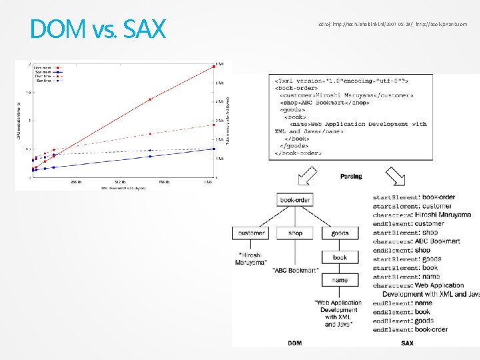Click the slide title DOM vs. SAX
(x=97, y=28)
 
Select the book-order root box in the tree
(x=296, y=199)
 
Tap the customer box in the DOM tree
(x=251, y=233)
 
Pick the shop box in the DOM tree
(x=295, y=233)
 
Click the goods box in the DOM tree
(x=339, y=233)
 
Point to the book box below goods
(x=339, y=257)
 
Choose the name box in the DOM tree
(x=339, y=280)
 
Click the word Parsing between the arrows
(x=351, y=177)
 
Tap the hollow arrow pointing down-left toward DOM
(x=307, y=177)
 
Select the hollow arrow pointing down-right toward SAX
(x=395, y=177)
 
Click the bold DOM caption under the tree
(x=295, y=343)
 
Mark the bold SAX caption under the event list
(x=407, y=343)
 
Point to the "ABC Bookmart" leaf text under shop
(x=295, y=270)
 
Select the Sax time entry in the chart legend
(x=45, y=81)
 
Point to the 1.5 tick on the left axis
(x=27, y=92)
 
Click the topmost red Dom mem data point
(x=213, y=66)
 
